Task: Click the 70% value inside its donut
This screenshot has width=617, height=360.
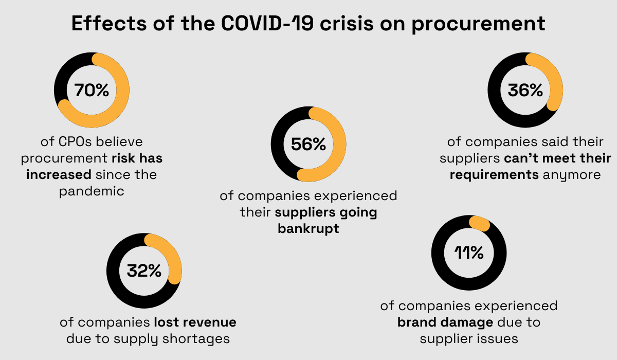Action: [92, 91]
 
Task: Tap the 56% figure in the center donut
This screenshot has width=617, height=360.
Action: [308, 145]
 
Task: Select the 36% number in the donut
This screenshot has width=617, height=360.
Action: [525, 91]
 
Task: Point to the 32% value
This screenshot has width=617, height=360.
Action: [143, 271]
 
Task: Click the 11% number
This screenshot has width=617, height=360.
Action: [468, 253]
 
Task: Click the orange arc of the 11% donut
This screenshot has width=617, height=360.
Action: [479, 223]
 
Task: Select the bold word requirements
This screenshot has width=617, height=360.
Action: [494, 175]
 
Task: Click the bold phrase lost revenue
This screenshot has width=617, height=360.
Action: [195, 322]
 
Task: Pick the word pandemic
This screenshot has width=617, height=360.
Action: [92, 191]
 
